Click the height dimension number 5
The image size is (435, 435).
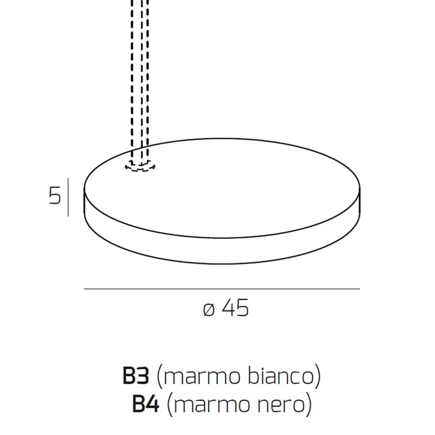pyautogui.click(x=55, y=195)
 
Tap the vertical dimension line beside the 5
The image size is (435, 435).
pyautogui.click(x=68, y=197)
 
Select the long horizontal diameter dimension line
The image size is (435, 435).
pyautogui.click(x=221, y=289)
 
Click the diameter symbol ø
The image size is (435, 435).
pyautogui.click(x=209, y=310)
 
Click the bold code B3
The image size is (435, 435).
pyautogui.click(x=136, y=376)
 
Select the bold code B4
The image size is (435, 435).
pyautogui.click(x=145, y=404)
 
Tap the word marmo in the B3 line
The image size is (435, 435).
pyautogui.click(x=202, y=377)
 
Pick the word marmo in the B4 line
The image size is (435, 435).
pyautogui.click(x=212, y=405)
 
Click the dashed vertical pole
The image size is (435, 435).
pyautogui.click(x=140, y=79)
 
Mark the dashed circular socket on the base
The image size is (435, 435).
pyautogui.click(x=140, y=166)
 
